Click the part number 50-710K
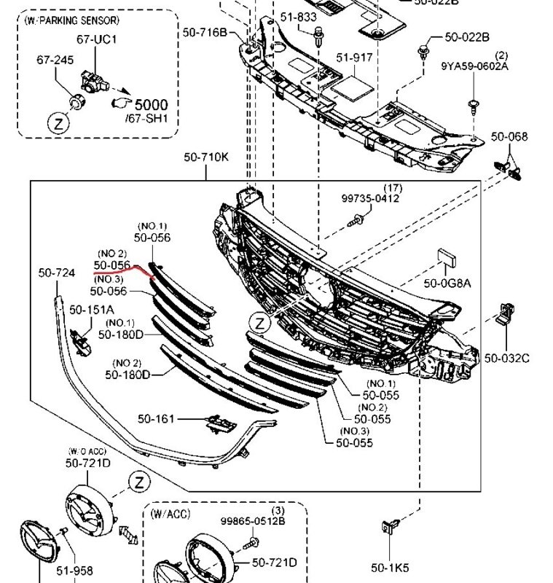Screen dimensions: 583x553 click(x=205, y=156)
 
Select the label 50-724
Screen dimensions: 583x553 click(x=57, y=273)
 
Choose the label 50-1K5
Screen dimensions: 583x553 click(x=390, y=568)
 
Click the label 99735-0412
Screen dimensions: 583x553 click(x=371, y=198)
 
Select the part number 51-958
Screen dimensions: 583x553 click(x=76, y=571)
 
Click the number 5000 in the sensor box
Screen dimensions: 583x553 click(x=151, y=104)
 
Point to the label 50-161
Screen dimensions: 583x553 click(x=155, y=419)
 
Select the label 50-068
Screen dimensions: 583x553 click(x=509, y=136)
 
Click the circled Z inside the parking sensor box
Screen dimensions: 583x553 click(x=58, y=125)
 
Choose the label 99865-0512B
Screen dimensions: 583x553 click(x=253, y=521)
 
